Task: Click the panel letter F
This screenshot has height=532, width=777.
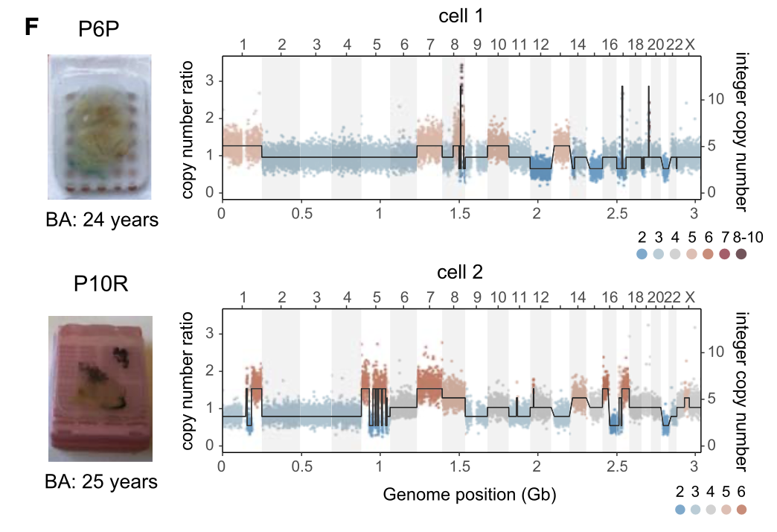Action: click(x=31, y=28)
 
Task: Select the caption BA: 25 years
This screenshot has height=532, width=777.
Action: click(x=101, y=481)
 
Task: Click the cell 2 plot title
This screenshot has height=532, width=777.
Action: click(x=459, y=273)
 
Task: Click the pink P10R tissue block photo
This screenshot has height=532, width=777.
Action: click(x=101, y=389)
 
